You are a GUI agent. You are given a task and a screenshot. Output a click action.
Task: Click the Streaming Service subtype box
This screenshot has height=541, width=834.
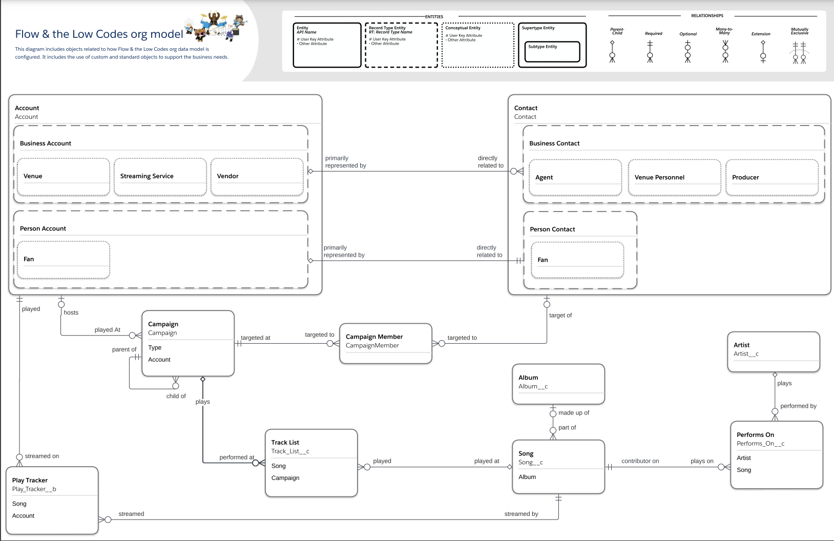pyautogui.click(x=160, y=177)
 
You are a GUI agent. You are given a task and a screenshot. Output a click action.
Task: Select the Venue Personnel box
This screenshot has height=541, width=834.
pyautogui.click(x=674, y=178)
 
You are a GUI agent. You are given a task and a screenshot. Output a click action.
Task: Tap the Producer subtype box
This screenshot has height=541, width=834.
pyautogui.click(x=772, y=178)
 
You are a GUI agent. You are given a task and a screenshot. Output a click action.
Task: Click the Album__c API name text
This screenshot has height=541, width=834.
pyautogui.click(x=533, y=387)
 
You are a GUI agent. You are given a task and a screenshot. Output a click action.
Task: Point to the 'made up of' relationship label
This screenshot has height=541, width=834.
pyautogui.click(x=574, y=413)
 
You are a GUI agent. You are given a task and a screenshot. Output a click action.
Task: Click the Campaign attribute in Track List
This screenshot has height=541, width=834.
pyautogui.click(x=285, y=478)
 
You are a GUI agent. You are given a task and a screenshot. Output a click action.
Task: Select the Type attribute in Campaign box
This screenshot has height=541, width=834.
pyautogui.click(x=155, y=348)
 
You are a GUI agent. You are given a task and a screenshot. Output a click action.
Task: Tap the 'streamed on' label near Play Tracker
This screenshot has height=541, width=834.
pyautogui.click(x=42, y=456)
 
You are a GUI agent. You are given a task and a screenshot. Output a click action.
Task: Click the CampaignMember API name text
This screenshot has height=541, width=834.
pyautogui.click(x=372, y=346)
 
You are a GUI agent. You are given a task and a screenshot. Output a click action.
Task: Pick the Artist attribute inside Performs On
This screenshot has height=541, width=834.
pyautogui.click(x=744, y=458)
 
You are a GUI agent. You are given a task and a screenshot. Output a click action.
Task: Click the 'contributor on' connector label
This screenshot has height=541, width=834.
pyautogui.click(x=640, y=461)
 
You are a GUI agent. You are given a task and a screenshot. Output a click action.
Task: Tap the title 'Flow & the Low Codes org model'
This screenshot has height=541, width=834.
pyautogui.click(x=99, y=34)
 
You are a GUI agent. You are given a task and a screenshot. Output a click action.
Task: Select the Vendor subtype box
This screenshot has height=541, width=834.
pyautogui.click(x=257, y=177)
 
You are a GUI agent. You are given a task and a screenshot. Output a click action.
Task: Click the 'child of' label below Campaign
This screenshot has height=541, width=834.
pyautogui.click(x=176, y=397)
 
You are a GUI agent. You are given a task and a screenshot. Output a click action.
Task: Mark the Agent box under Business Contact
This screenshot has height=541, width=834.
pyautogui.click(x=575, y=178)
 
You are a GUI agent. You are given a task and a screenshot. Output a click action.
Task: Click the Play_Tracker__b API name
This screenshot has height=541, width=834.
pyautogui.click(x=34, y=489)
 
